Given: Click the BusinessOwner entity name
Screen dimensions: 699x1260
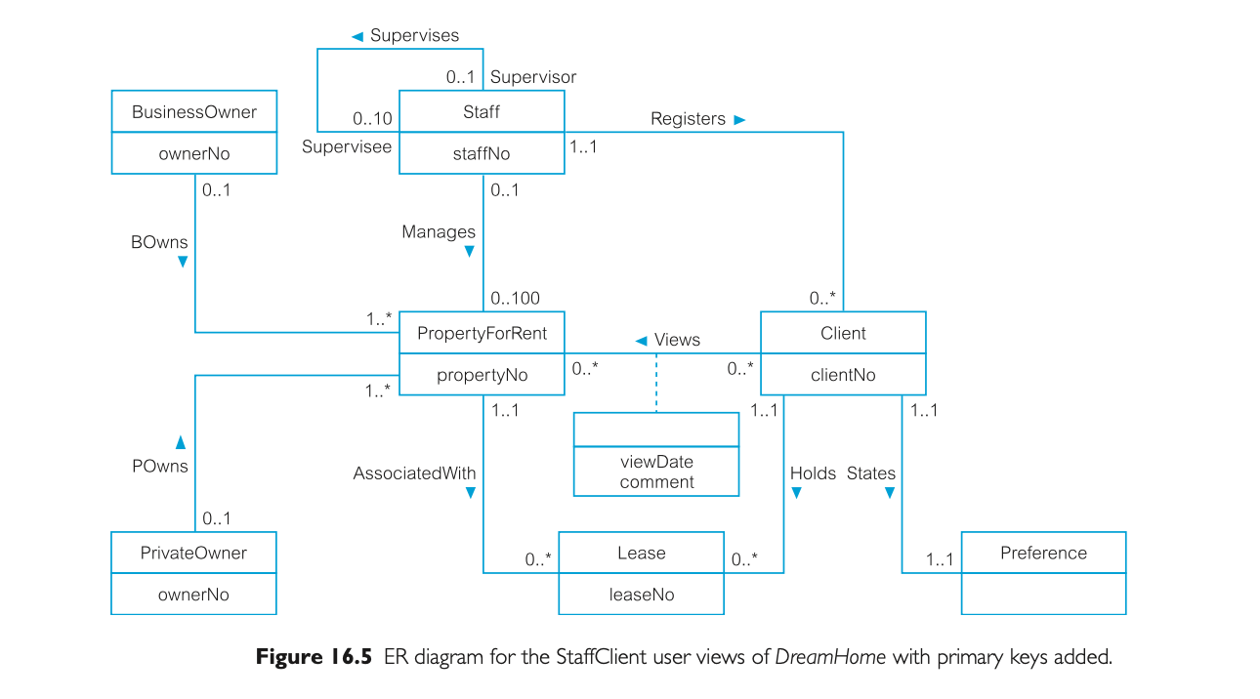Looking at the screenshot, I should pos(193,112).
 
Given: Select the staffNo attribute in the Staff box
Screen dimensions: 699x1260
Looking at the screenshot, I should pos(481,153).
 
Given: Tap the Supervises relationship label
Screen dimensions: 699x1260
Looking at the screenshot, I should pos(413,36).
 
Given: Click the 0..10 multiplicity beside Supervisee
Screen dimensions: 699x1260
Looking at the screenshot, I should pos(372,119).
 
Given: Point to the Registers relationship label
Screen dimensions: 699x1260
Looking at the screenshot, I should pos(688,119).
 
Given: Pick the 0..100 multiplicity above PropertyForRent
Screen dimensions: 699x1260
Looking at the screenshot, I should pos(514,299).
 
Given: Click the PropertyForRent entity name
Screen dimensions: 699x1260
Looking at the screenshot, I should pos(482,334).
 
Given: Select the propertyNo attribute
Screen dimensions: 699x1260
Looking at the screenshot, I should pos(482,375).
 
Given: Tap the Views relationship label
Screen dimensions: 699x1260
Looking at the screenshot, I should pos(676,340).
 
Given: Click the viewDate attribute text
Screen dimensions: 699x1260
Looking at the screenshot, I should pos(656,463).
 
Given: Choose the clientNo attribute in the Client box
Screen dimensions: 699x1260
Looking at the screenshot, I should pos(843,375).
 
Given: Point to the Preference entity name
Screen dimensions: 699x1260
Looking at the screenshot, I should pos(1043,554).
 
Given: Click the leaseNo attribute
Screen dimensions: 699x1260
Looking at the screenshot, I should pos(641,595).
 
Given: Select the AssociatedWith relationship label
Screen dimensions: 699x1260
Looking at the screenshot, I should pos(414,473).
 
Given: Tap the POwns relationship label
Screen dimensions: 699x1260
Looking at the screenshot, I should pos(160,467).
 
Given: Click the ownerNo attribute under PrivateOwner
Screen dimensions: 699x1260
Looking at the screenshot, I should pos(193,595).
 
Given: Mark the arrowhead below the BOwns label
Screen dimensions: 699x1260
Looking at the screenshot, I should pos(183,263).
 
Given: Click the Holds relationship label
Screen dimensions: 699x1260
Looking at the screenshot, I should pos(813,473).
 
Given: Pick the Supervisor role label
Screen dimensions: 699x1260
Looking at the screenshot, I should pos(532,77).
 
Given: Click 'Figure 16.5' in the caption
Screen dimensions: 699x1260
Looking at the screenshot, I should pos(314,657).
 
